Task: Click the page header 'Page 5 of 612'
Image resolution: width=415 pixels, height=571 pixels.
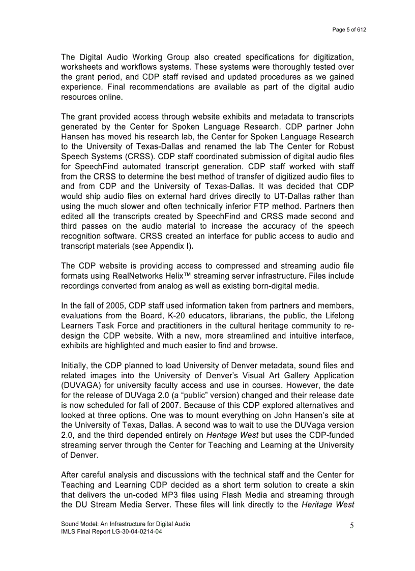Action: pyautogui.click(x=349, y=30)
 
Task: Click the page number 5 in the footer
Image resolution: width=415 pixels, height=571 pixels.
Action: pyautogui.click(x=351, y=526)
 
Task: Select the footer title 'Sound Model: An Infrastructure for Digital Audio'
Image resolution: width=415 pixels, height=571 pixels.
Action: pyautogui.click(x=125, y=524)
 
